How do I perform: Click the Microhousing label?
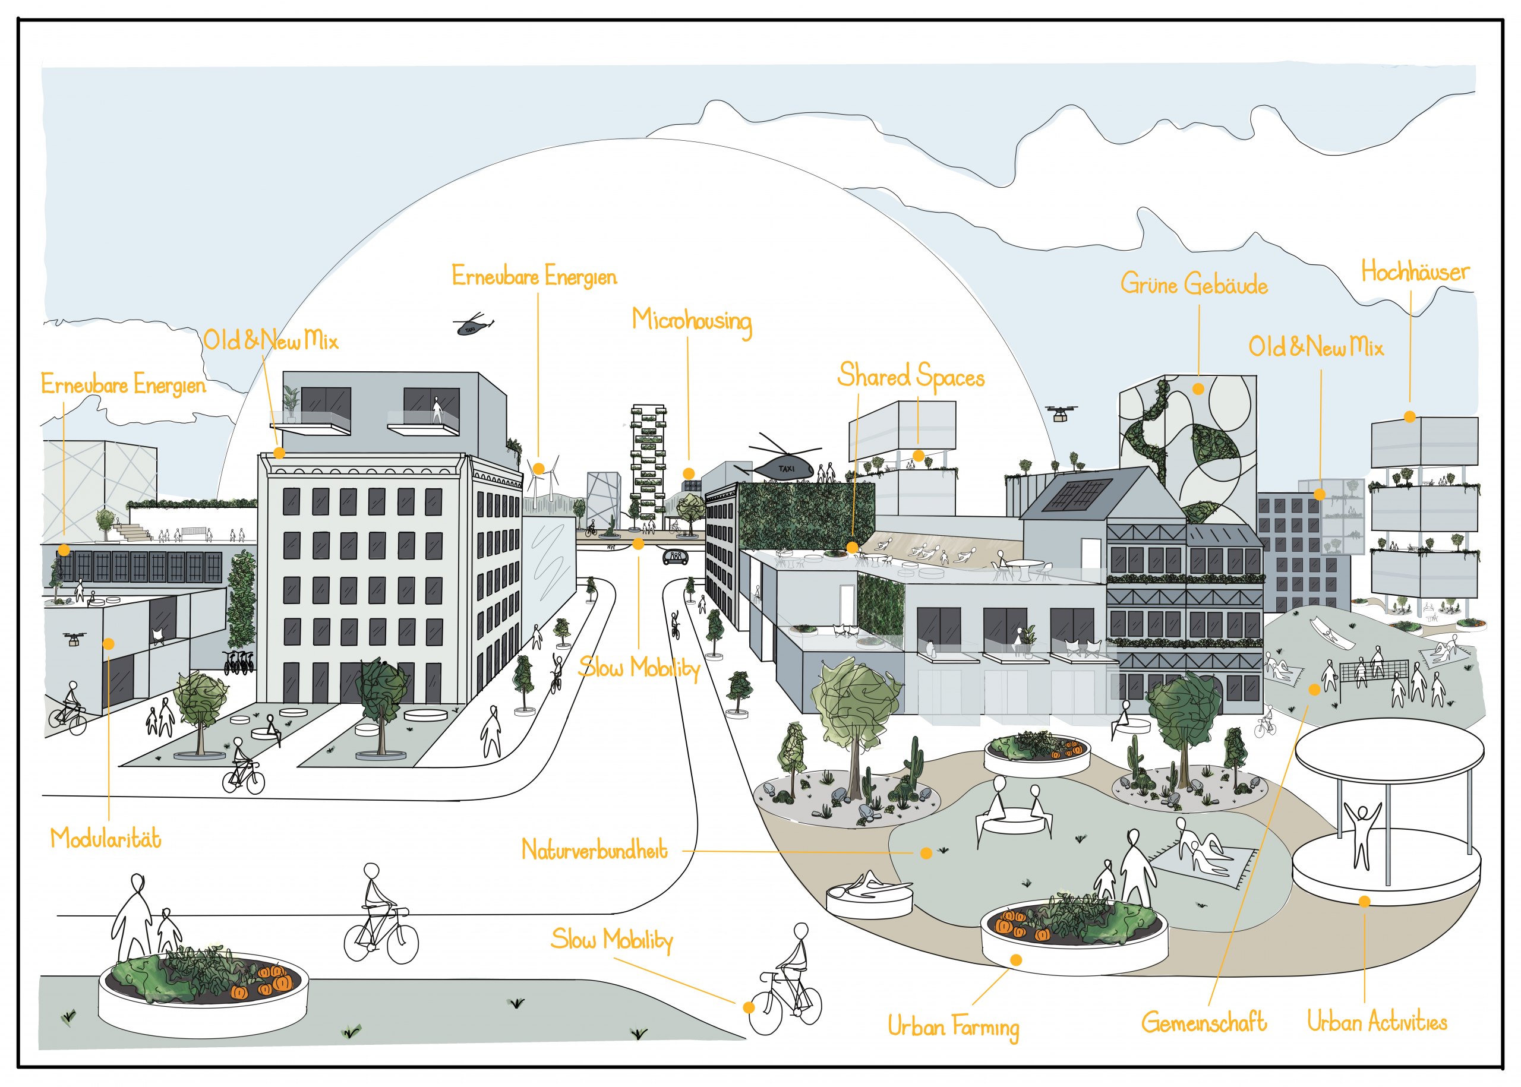(692, 322)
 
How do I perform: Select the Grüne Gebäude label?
(1194, 285)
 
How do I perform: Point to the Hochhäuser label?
(1415, 272)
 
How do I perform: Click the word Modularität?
(106, 839)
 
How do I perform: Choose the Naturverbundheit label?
(595, 850)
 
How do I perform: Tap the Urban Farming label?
(954, 1028)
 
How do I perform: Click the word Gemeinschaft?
(1204, 1023)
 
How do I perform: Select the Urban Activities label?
(1377, 1022)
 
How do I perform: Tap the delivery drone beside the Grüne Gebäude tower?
(1061, 413)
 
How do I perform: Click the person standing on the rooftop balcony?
(437, 409)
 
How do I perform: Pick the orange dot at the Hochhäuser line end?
(1409, 417)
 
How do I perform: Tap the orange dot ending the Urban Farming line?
(1015, 960)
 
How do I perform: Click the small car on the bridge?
(675, 557)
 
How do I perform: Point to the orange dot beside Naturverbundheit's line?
(926, 854)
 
